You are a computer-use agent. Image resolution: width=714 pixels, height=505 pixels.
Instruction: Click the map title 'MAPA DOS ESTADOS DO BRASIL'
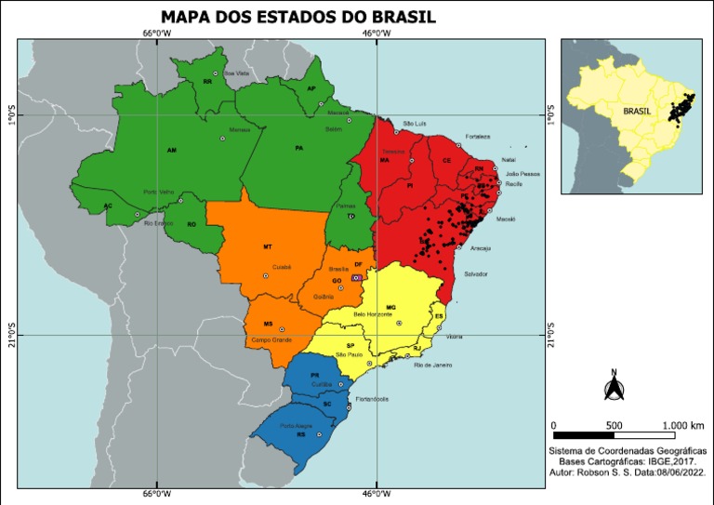(297, 17)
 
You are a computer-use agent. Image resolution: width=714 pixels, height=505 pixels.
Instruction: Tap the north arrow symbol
(614, 387)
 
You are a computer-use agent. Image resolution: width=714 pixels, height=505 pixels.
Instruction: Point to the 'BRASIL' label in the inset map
(638, 110)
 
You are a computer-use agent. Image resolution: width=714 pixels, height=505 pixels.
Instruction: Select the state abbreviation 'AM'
(171, 149)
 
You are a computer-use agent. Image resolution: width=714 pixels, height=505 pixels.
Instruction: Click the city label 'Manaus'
(240, 129)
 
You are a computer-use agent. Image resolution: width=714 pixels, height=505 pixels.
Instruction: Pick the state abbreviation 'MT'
(268, 246)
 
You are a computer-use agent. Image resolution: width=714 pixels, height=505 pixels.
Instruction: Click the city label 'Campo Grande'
(271, 339)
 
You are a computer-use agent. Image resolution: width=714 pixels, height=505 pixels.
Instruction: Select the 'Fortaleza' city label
(478, 136)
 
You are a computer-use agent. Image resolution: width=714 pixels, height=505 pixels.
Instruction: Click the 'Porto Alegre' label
(296, 424)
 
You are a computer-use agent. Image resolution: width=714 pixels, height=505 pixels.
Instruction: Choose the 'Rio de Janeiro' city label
(431, 365)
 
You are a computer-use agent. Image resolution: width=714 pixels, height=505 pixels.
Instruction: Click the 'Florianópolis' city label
(372, 399)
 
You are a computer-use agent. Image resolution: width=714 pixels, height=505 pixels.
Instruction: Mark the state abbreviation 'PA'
(299, 148)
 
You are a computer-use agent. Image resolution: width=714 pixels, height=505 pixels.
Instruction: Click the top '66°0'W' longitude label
(156, 34)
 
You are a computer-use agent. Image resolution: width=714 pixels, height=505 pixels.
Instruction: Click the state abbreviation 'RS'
(301, 434)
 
